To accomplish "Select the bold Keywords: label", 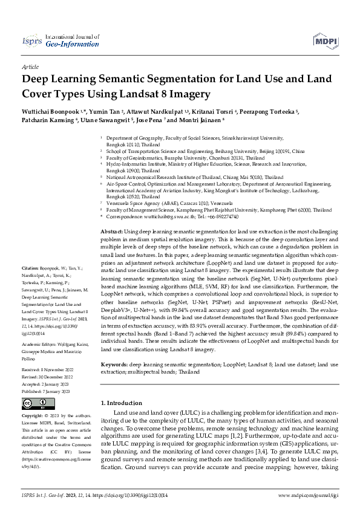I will (x=114, y=366).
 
